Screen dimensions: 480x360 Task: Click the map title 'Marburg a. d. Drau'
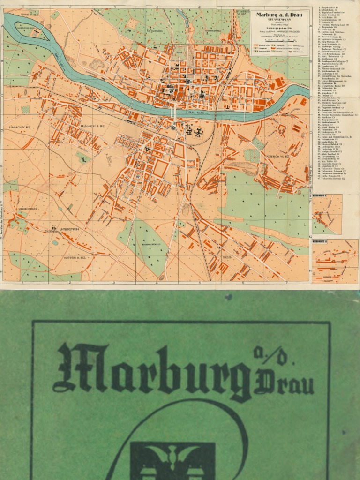point(279,15)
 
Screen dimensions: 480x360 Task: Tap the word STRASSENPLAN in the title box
point(279,20)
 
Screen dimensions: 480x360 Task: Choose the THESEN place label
point(227,257)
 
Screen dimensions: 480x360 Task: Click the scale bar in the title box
point(279,41)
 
